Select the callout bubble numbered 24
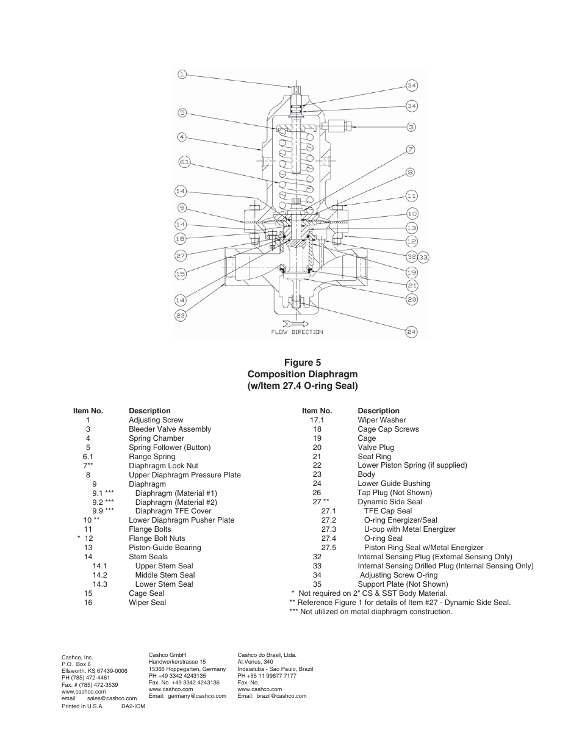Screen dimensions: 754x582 tap(411, 332)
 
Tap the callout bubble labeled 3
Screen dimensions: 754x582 tap(411, 127)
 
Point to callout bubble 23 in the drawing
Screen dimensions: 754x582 tap(181, 315)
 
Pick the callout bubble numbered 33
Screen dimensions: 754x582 tap(423, 257)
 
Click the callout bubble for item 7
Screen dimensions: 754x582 tap(411, 149)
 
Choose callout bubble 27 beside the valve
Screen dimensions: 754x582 tap(181, 256)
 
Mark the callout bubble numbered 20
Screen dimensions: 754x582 tap(412, 299)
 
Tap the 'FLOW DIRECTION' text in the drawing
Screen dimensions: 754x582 tap(297, 332)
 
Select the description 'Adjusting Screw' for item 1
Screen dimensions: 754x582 tap(156, 420)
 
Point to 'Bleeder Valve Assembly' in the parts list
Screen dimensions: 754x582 tap(170, 429)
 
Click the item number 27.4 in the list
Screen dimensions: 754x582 tap(329, 538)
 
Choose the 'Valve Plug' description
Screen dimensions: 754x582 tap(376, 448)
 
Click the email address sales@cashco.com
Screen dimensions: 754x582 tap(112, 698)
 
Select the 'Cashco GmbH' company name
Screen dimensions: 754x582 tap(167, 655)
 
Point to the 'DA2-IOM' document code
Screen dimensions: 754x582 tap(133, 706)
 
